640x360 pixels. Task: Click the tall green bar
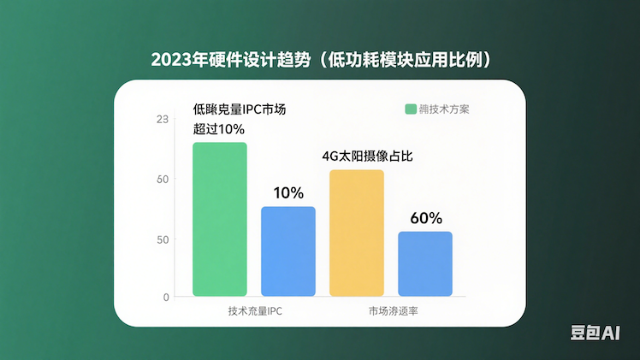pos(219,219)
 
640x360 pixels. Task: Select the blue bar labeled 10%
pos(287,251)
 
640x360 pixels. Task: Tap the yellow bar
pos(357,233)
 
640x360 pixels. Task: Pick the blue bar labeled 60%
pos(424,263)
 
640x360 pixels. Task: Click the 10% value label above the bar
pos(287,193)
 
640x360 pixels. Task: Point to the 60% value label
pos(425,218)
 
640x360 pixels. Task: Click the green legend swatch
pos(409,109)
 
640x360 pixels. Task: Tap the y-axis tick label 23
pos(162,119)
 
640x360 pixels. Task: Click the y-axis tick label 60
pos(162,179)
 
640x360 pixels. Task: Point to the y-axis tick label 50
pos(162,239)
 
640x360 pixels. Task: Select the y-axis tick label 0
pos(166,297)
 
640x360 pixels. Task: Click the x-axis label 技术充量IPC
pos(255,311)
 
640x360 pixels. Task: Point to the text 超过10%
pos(219,129)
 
